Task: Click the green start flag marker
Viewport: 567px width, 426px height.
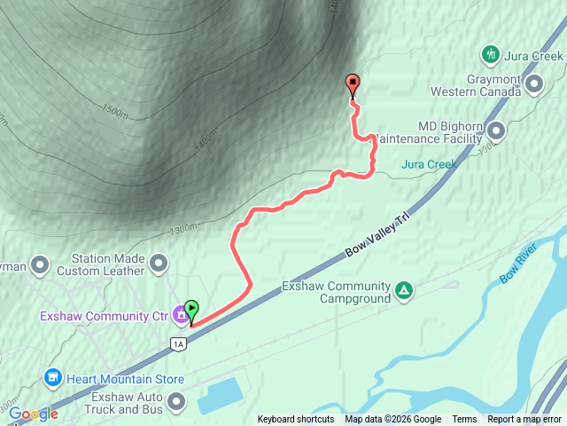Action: pyautogui.click(x=192, y=312)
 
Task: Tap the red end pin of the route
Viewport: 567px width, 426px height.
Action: pyautogui.click(x=353, y=85)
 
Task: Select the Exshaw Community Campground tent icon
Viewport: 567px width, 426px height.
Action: pyautogui.click(x=404, y=290)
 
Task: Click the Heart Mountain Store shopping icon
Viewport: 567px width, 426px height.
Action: pyautogui.click(x=52, y=379)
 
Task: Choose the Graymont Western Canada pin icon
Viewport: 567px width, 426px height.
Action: pyautogui.click(x=534, y=84)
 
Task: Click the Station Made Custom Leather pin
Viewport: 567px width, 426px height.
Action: pyautogui.click(x=159, y=263)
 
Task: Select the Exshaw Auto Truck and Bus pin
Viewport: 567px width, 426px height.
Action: pyautogui.click(x=176, y=403)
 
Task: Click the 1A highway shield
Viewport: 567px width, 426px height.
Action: pyautogui.click(x=178, y=343)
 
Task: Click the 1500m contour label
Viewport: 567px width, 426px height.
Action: pyautogui.click(x=115, y=111)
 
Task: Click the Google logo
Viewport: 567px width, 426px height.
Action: pyautogui.click(x=34, y=414)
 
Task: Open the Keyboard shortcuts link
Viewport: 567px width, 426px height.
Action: pyautogui.click(x=296, y=420)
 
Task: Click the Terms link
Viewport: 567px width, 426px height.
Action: pyautogui.click(x=464, y=420)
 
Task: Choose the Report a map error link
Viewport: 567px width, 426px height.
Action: pyautogui.click(x=524, y=420)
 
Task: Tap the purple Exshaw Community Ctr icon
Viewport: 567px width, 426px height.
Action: pyautogui.click(x=180, y=314)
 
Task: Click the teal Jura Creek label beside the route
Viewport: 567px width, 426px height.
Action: pyautogui.click(x=429, y=164)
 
